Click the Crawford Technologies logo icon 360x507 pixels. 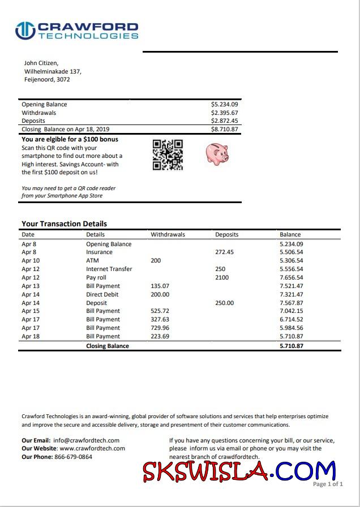click(25, 31)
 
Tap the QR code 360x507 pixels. click(168, 154)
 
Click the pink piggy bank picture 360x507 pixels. click(217, 153)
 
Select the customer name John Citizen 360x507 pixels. click(41, 63)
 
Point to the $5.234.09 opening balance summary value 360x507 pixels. click(224, 105)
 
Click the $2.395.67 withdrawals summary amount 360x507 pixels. click(224, 113)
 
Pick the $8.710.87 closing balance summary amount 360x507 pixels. click(224, 129)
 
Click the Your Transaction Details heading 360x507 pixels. click(64, 224)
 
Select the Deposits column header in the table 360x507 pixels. click(226, 234)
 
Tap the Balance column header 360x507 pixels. click(290, 234)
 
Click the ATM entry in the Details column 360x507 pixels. click(92, 261)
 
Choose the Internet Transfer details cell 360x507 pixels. click(109, 269)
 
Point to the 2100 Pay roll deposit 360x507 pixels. click(222, 278)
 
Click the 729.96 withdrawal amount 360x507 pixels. click(160, 328)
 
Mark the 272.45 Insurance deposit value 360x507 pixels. click(224, 252)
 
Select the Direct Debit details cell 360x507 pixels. click(102, 294)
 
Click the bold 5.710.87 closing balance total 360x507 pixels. click(291, 346)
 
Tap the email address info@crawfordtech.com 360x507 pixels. click(86, 440)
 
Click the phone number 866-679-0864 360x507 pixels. click(73, 457)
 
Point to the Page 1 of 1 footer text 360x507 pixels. click(328, 484)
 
